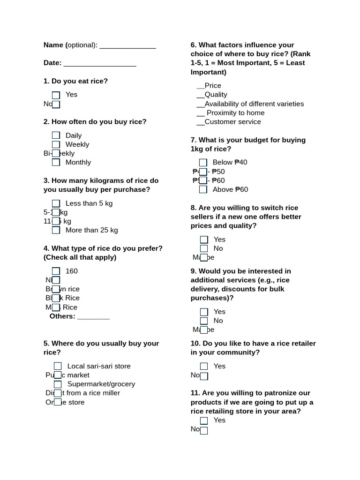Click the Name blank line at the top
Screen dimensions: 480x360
click(x=127, y=46)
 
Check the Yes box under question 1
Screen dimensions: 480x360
click(x=56, y=95)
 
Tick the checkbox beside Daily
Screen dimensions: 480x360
click(x=56, y=136)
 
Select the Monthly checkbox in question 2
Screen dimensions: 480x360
click(x=56, y=163)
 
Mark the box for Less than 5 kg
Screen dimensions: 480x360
click(x=56, y=203)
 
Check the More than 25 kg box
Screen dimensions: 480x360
click(x=56, y=230)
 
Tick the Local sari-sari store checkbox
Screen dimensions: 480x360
click(x=58, y=366)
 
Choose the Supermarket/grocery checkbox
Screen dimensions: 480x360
click(x=58, y=384)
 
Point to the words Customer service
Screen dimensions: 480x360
click(x=232, y=122)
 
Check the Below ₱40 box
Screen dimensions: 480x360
click(x=203, y=163)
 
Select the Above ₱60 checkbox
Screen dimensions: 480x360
click(x=203, y=190)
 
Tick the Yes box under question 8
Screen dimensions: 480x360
click(x=204, y=240)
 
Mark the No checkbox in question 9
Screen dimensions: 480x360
click(x=204, y=321)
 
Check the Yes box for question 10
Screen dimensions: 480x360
click(x=204, y=367)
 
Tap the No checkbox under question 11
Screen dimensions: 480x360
click(x=204, y=430)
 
